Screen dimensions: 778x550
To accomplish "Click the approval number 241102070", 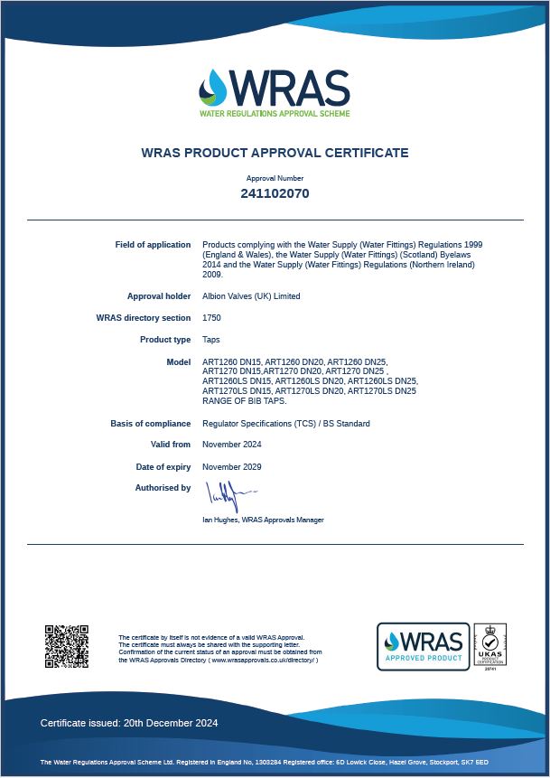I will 275,193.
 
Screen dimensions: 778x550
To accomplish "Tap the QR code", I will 66,645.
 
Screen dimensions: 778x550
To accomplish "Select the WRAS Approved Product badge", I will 423,646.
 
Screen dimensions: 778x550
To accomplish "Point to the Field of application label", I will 153,245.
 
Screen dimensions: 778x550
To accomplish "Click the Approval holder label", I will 159,296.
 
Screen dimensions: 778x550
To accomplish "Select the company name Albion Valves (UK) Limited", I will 251,296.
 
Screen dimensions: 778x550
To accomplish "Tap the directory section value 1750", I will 211,318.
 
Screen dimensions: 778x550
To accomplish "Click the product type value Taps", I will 211,340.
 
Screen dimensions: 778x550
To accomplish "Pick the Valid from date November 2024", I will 232,445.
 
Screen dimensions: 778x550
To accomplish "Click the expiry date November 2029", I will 232,467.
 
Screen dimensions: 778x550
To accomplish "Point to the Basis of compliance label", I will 151,424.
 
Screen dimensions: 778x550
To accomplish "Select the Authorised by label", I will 163,488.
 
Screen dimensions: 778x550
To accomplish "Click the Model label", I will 179,362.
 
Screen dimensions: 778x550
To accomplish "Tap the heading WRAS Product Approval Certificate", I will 275,153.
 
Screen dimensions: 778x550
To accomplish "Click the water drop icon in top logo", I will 214,88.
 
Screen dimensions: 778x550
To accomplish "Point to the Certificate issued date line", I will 129,723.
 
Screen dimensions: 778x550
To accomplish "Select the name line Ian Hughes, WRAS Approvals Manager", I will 263,520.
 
